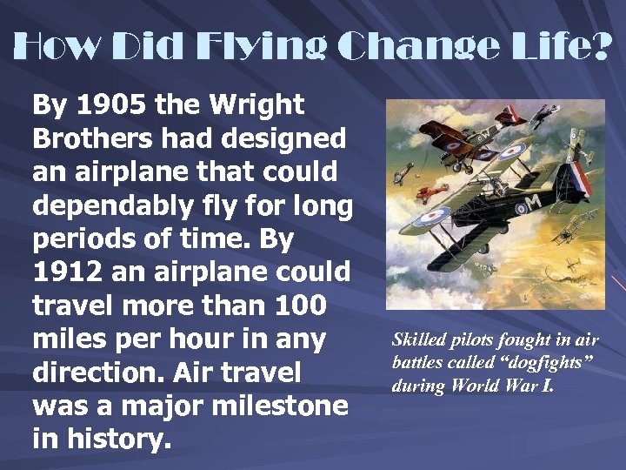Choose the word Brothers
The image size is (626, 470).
(90, 138)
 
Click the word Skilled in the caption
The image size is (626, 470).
(422, 339)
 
